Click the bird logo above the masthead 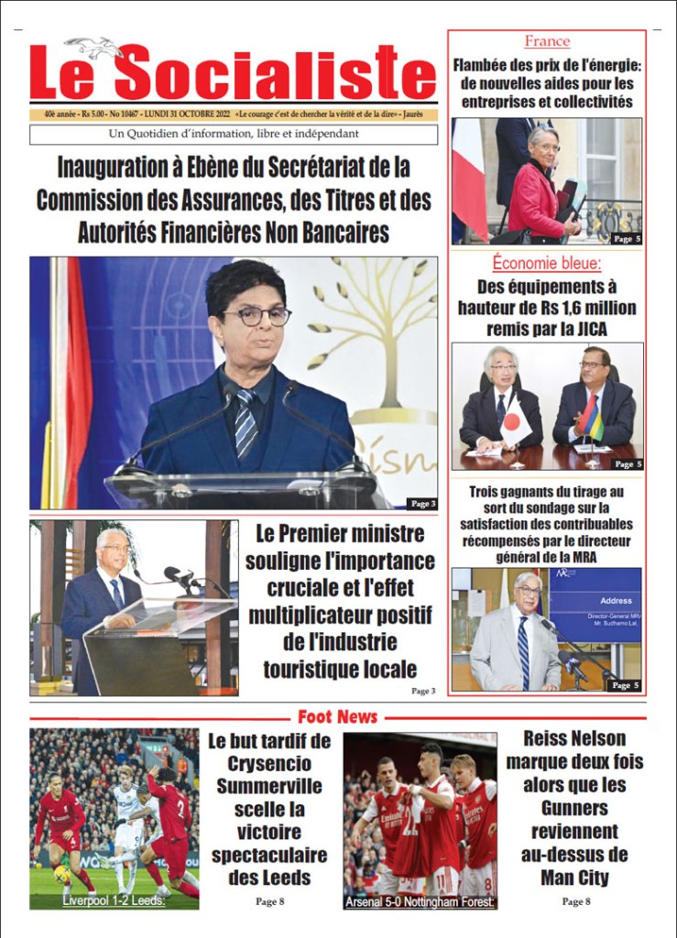coord(93,47)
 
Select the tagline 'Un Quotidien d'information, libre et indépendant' coord(233,135)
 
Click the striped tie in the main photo coord(246,420)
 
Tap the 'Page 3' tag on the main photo coord(421,503)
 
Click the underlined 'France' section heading coord(547,41)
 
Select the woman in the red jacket coord(541,188)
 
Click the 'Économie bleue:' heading coord(547,263)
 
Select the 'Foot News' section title coord(337,716)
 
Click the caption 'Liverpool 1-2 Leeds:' coord(114,901)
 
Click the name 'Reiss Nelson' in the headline coord(574,738)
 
